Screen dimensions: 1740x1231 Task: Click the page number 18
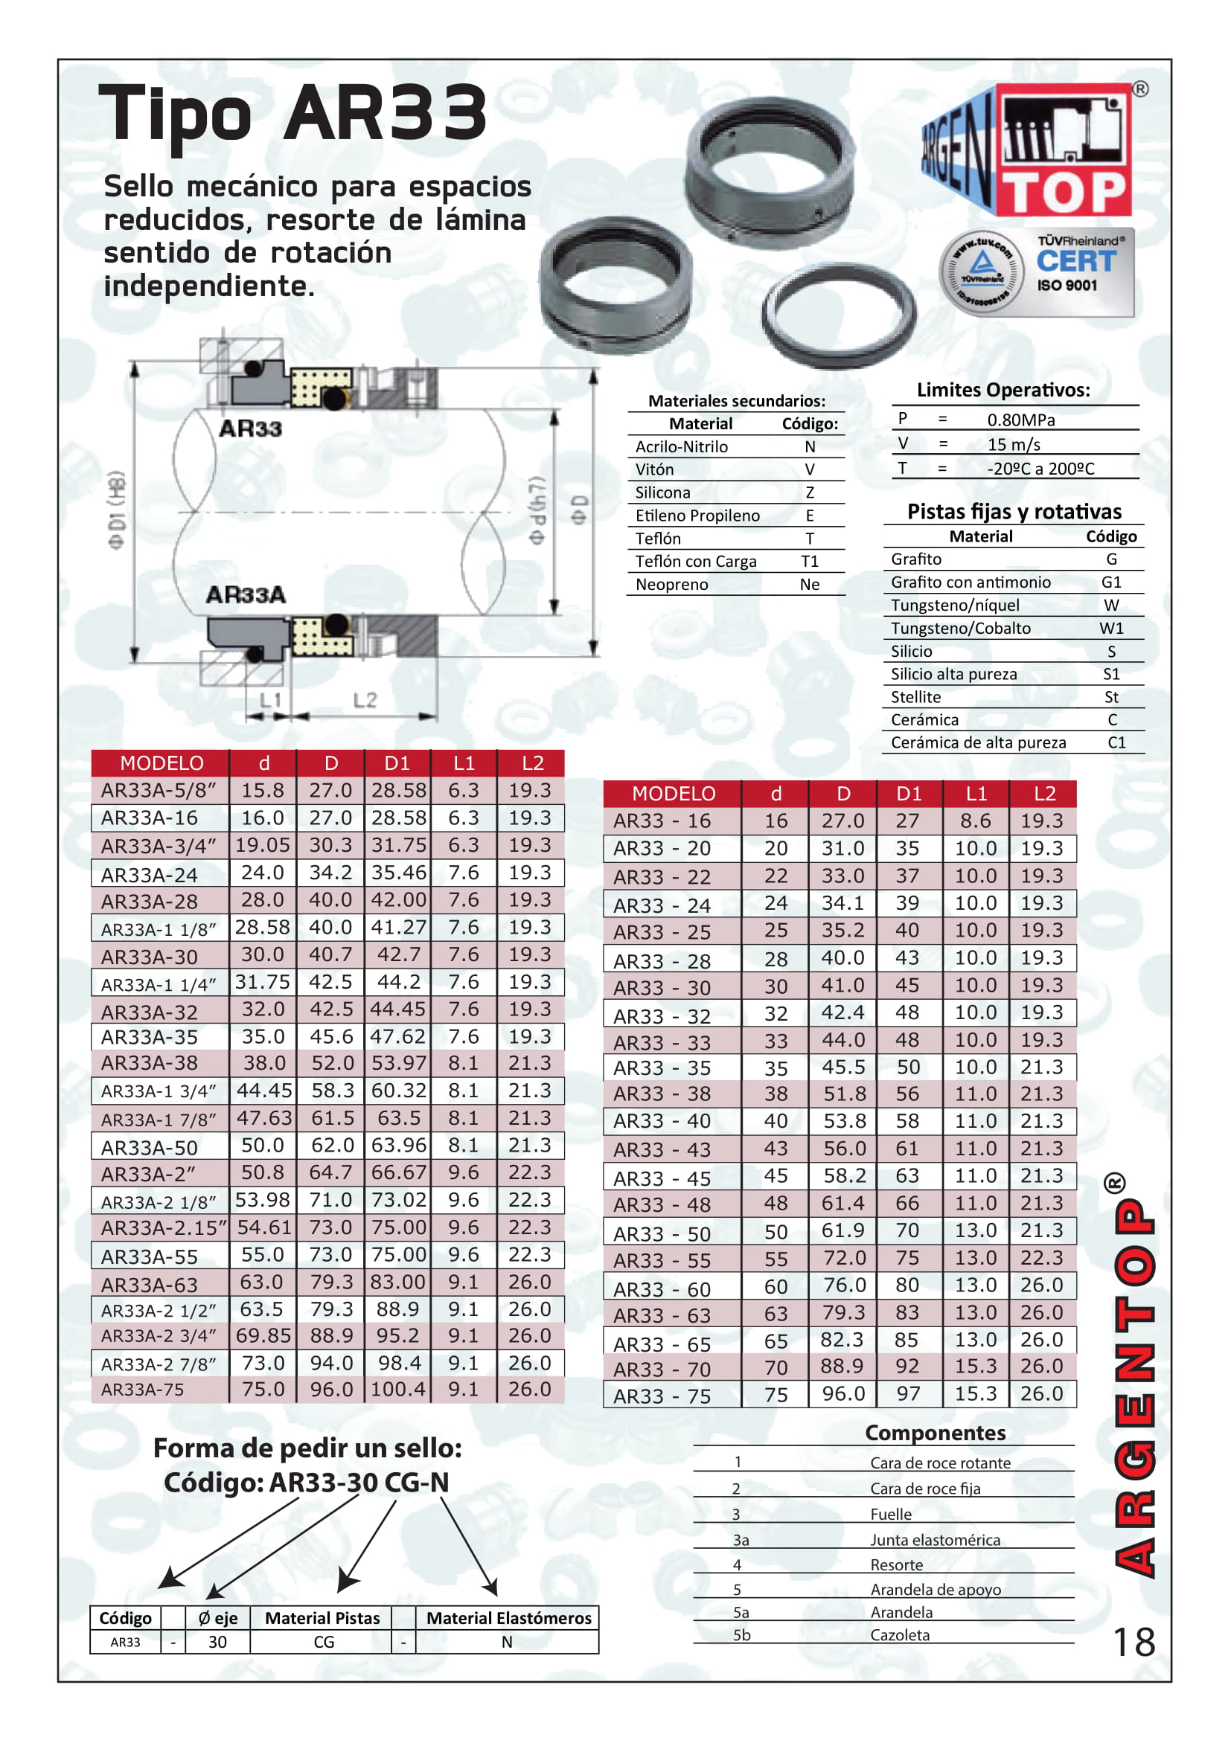tap(1134, 1643)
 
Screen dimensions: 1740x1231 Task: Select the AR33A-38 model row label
tap(150, 1063)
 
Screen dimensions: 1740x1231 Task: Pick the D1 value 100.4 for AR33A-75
tap(397, 1389)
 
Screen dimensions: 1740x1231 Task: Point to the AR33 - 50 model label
tap(662, 1233)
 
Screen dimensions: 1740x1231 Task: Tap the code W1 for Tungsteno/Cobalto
tap(1111, 629)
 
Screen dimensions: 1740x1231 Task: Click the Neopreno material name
tap(671, 584)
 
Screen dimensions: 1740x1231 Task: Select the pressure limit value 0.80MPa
tap(1020, 420)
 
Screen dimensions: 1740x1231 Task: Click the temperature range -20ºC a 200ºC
tap(1040, 469)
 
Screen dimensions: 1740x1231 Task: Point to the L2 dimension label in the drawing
tap(365, 699)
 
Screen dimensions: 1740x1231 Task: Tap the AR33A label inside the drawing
tap(246, 595)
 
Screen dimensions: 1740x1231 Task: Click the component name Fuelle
tap(891, 1514)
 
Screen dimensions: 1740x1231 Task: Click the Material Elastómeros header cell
tap(508, 1618)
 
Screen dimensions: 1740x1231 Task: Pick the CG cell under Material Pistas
tap(324, 1642)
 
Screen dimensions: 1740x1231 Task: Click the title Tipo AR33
tap(292, 114)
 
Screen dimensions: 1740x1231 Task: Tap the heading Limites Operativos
tap(1003, 390)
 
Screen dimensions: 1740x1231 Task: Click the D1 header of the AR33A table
tap(397, 763)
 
